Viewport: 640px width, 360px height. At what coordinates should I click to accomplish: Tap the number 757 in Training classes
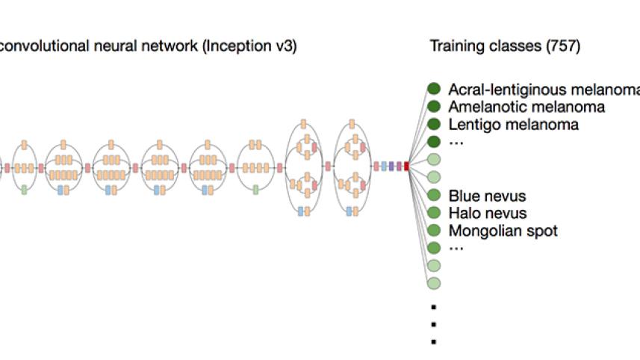pos(564,46)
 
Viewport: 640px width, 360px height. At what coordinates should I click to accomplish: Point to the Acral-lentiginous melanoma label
pos(544,89)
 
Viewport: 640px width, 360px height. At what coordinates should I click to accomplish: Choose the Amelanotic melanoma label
pos(526,107)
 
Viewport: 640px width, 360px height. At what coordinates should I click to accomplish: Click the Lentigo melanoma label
pos(513,125)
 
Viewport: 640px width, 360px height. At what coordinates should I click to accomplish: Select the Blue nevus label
pos(487,196)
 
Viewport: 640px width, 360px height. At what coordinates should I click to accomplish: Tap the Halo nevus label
pos(487,214)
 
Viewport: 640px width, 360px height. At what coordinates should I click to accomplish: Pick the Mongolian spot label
pos(503,231)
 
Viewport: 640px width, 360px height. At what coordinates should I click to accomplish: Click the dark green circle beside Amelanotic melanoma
pos(434,106)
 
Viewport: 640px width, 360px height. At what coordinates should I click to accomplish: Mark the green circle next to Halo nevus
pos(434,213)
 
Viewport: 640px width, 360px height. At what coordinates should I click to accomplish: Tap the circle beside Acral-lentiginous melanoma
pos(434,88)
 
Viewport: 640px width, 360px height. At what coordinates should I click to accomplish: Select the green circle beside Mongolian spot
pos(434,231)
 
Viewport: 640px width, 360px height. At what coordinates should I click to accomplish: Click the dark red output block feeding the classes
pos(407,167)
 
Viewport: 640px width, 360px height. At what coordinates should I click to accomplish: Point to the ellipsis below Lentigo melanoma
pos(456,142)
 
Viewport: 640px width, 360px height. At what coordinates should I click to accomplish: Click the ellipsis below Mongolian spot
pos(456,249)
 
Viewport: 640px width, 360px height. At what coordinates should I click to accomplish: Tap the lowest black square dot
pos(433,342)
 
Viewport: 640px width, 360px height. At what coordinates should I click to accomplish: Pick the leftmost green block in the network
pos(25,190)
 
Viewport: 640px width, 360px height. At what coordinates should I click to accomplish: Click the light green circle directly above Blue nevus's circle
pos(434,177)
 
